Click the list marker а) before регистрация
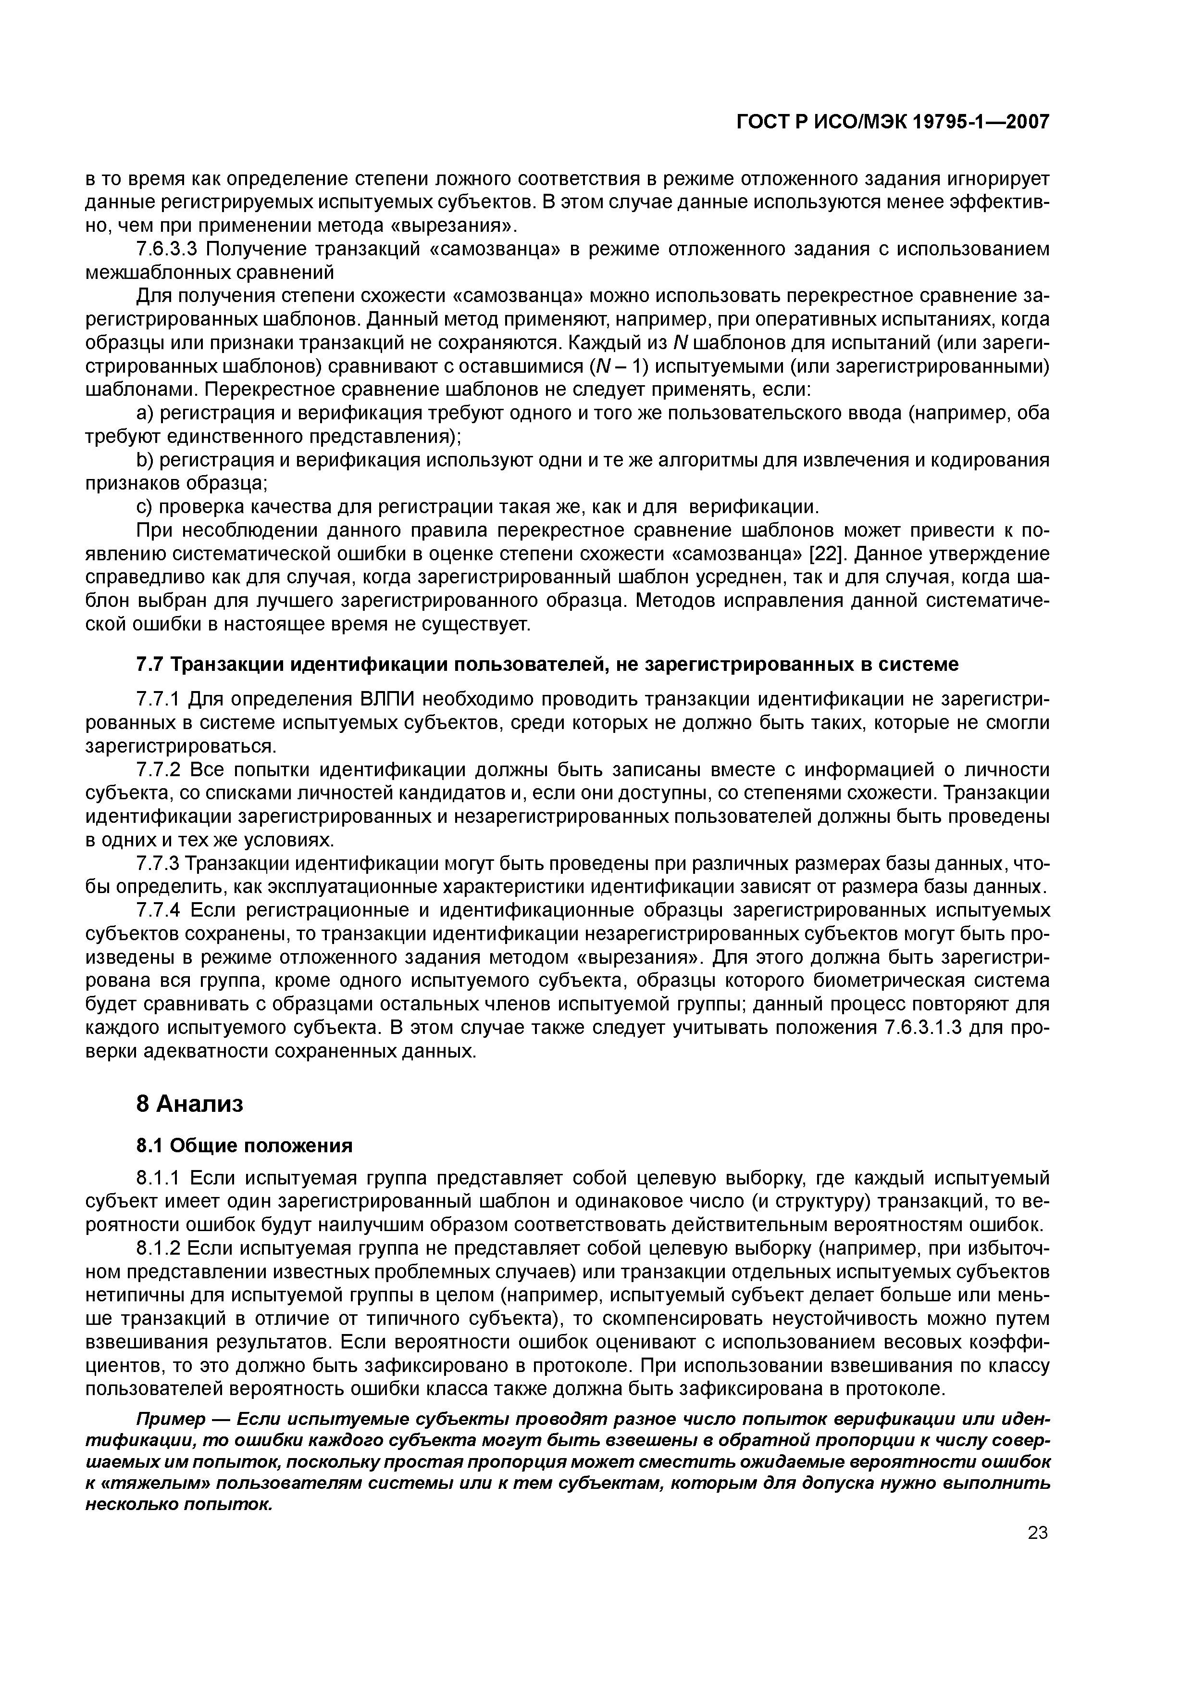click(146, 414)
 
